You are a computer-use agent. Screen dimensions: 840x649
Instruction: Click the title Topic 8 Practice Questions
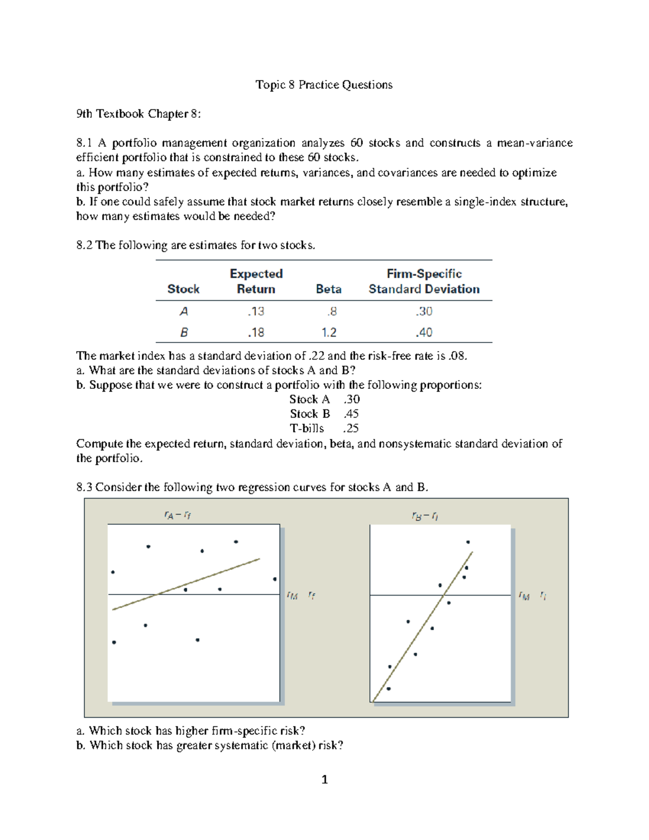pyautogui.click(x=324, y=84)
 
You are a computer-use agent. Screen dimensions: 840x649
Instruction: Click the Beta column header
pyautogui.click(x=328, y=289)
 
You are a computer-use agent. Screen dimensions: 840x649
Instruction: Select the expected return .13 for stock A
pyautogui.click(x=256, y=312)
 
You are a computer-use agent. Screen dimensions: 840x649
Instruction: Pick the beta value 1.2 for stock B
pyautogui.click(x=329, y=333)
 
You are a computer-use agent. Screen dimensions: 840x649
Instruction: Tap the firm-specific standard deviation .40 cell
pyautogui.click(x=423, y=333)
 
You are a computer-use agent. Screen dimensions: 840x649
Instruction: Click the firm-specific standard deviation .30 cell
pyautogui.click(x=423, y=312)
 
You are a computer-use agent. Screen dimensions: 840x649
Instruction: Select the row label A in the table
pyautogui.click(x=184, y=312)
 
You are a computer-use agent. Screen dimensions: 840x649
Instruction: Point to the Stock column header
pyautogui.click(x=183, y=289)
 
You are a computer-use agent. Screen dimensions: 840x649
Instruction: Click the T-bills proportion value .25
pyautogui.click(x=351, y=428)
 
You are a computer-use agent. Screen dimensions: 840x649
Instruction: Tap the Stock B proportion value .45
pyautogui.click(x=351, y=414)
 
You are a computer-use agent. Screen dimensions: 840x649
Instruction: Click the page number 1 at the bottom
pyautogui.click(x=325, y=779)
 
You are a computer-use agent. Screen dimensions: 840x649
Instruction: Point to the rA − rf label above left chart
pyautogui.click(x=177, y=515)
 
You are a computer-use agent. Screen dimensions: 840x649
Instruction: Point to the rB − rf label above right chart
pyautogui.click(x=425, y=517)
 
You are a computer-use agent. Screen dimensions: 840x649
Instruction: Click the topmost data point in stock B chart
pyautogui.click(x=468, y=542)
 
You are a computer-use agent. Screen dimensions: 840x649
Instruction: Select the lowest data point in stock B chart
pyautogui.click(x=388, y=689)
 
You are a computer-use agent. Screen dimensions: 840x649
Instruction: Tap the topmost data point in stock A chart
pyautogui.click(x=236, y=541)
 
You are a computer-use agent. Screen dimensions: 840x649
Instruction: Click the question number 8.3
pyautogui.click(x=84, y=487)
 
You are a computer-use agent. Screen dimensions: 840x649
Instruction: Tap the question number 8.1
pyautogui.click(x=84, y=143)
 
